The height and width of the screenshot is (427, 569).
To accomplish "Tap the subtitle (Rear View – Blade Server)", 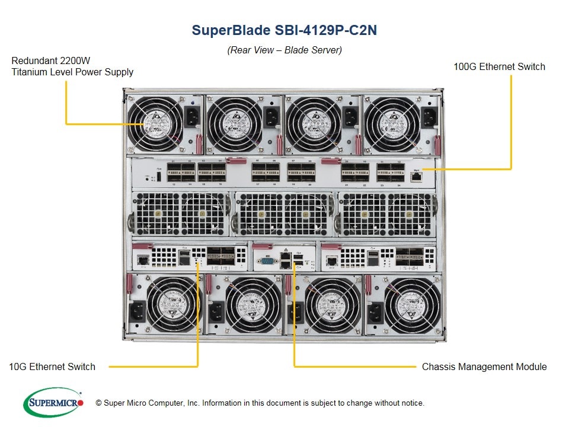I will pyautogui.click(x=284, y=50).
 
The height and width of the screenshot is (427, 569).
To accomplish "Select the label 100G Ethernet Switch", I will pyautogui.click(x=499, y=66).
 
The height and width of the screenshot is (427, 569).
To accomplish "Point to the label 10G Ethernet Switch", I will pyautogui.click(x=52, y=367).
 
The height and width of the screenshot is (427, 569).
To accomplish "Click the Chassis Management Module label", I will pyautogui.click(x=484, y=367).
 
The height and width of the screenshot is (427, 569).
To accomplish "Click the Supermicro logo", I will pyautogui.click(x=53, y=403).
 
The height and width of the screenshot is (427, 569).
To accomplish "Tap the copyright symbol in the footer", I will pyautogui.click(x=98, y=403).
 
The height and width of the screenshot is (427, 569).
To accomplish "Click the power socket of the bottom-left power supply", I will pyautogui.click(x=138, y=310).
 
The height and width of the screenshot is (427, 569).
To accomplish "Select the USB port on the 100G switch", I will pyautogui.click(x=159, y=176).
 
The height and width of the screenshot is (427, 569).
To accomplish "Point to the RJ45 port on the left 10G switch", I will pyautogui.click(x=143, y=259).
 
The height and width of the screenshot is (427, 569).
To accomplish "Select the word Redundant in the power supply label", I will pyautogui.click(x=34, y=61).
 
